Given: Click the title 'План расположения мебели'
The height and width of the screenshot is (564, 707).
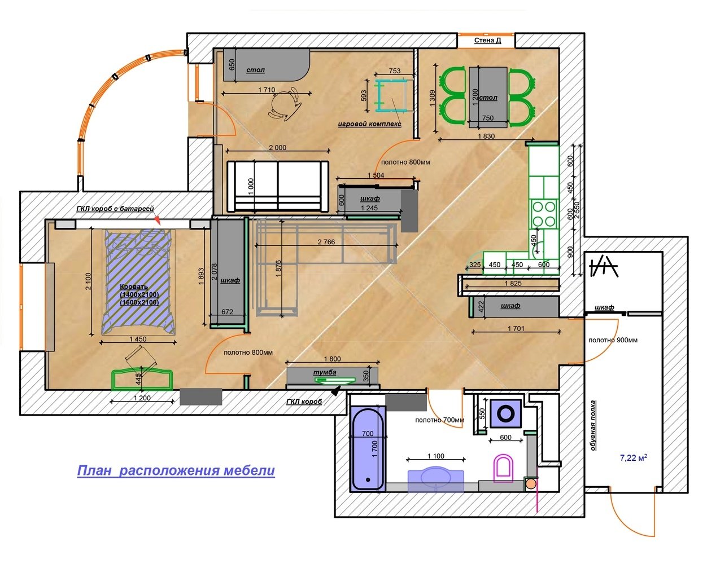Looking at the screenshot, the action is (x=176, y=470).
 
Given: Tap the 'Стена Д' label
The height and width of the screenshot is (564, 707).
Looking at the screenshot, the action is (x=487, y=41).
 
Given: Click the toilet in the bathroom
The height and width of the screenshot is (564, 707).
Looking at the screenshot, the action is (x=503, y=468).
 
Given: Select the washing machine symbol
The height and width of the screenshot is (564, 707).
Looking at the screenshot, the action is (x=505, y=413).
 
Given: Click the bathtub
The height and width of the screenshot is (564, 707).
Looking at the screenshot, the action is (x=368, y=449).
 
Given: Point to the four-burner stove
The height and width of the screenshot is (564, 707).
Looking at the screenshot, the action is (x=543, y=214).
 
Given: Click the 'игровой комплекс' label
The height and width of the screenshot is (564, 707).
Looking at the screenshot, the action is (x=370, y=124).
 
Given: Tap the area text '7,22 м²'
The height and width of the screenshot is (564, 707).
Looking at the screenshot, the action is (x=634, y=457).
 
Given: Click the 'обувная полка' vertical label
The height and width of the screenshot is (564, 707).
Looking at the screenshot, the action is (x=593, y=425).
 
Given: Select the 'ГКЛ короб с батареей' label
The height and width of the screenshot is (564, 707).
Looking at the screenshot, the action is (x=115, y=209).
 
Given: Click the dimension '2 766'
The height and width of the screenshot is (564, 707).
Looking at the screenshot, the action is (x=326, y=242).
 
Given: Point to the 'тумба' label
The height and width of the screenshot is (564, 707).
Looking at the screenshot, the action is (x=324, y=372).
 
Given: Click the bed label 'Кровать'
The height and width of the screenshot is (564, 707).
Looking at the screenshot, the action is (x=134, y=287).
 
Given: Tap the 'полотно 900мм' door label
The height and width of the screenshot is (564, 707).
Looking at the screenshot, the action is (x=613, y=340).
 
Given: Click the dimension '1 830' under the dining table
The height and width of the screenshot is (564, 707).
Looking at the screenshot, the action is (x=486, y=136).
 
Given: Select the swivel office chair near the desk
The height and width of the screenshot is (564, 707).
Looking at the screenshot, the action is (x=285, y=104).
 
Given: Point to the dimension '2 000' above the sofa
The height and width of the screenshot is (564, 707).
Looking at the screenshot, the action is (x=278, y=148).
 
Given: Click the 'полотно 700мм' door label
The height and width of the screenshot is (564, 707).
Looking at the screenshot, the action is (x=439, y=420).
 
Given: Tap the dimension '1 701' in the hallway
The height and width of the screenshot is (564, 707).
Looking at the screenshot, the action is (x=516, y=328).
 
